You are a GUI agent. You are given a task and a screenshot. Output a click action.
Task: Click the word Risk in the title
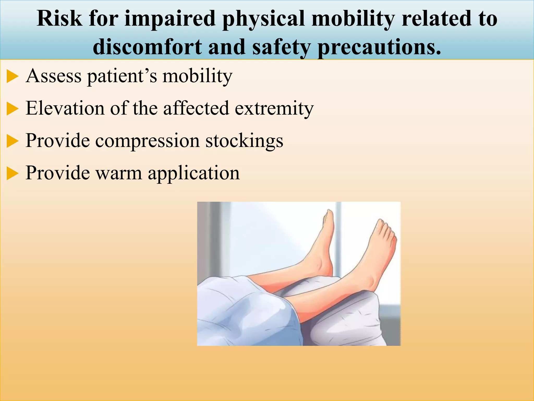[x=59, y=19]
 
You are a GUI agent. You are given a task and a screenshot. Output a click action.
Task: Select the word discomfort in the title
[x=147, y=47]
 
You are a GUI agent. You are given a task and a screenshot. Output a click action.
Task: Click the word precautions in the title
[x=379, y=47]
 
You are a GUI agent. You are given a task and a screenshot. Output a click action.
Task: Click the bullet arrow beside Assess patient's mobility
[x=12, y=76]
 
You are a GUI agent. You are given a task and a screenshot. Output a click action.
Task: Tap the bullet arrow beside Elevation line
[x=12, y=109]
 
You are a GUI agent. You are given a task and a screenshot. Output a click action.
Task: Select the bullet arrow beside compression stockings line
[x=12, y=141]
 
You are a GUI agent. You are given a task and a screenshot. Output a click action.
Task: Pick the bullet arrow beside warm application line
[x=12, y=174]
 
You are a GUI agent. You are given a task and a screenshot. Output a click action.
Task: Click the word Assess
[x=54, y=76]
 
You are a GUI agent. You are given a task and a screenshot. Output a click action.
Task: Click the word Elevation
[x=65, y=108]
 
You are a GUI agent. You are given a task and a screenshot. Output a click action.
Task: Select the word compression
[x=147, y=141]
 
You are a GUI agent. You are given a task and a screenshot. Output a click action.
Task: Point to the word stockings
[x=244, y=141]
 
